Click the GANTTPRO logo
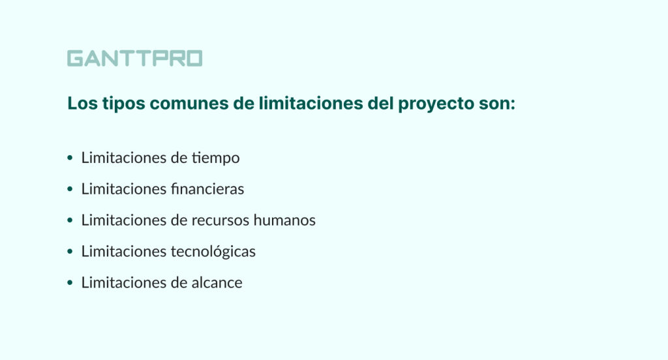134,59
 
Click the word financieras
207,189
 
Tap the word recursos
224,220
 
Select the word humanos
288,220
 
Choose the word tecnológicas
213,251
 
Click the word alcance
217,282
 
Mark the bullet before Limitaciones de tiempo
70,158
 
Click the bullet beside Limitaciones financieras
70,189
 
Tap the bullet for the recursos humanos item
70,220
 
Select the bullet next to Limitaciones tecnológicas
70,252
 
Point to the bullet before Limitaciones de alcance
70,283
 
